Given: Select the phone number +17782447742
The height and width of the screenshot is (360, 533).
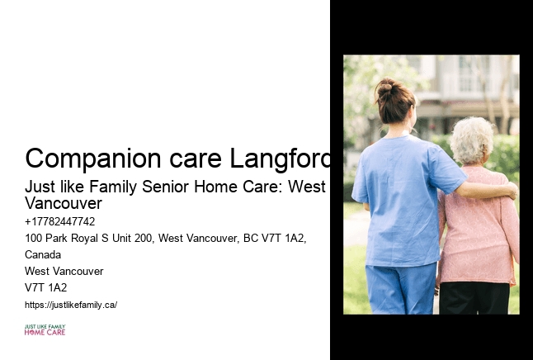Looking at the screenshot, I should tap(60, 221).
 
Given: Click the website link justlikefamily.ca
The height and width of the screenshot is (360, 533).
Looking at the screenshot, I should tap(71, 305).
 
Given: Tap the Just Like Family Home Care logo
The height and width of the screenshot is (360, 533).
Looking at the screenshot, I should tap(45, 330).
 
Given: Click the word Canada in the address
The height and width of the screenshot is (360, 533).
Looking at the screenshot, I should tap(43, 254).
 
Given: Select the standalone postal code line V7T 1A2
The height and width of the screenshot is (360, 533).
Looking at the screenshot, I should tap(46, 287).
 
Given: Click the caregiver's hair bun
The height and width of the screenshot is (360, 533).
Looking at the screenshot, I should tap(386, 87).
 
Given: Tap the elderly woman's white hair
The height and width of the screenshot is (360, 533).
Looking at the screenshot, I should tap(473, 139).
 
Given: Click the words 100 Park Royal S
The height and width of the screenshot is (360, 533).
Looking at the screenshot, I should tap(61, 238).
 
